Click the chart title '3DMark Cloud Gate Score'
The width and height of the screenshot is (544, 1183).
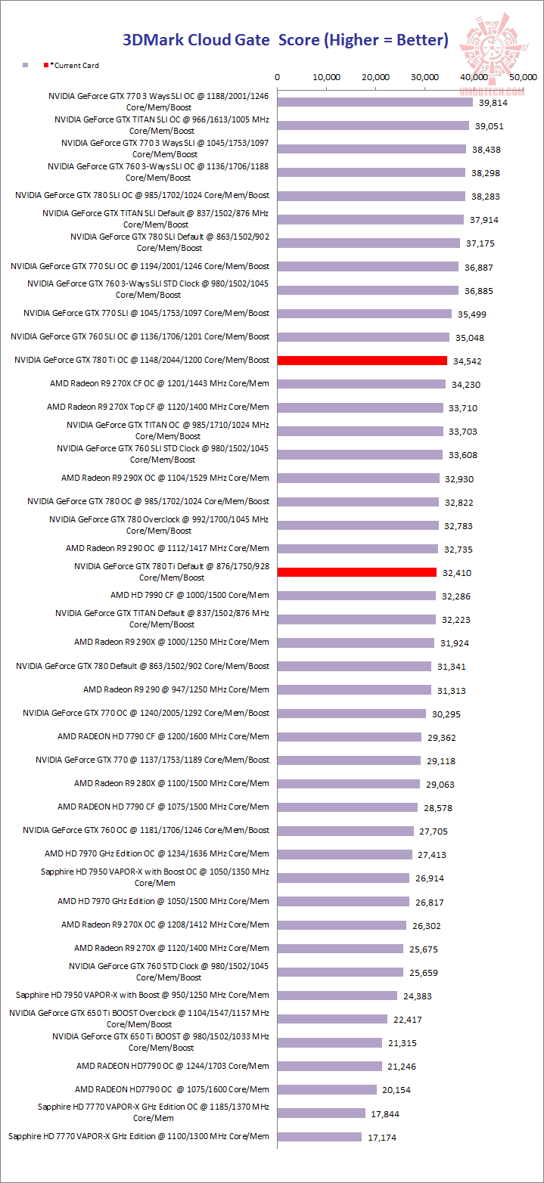(286, 40)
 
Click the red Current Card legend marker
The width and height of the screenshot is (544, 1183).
(47, 66)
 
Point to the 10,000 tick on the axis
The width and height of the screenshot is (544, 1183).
(327, 77)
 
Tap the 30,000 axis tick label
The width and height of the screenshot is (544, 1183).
(425, 77)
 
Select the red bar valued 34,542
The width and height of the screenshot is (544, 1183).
(362, 361)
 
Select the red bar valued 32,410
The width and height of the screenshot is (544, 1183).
(357, 572)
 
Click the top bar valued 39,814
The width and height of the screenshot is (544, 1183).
(375, 102)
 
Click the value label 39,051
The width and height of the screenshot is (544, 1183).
(488, 126)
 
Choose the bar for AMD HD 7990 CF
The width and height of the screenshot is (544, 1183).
(356, 596)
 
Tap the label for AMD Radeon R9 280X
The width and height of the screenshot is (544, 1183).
(172, 783)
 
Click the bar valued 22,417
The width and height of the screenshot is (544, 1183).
(332, 1019)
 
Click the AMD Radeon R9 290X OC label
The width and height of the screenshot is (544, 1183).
(165, 478)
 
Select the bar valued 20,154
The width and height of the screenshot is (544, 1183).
(327, 1089)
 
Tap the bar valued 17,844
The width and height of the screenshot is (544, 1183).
(321, 1113)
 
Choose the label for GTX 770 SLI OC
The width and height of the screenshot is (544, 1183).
(140, 266)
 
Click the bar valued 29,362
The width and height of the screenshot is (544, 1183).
(350, 736)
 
